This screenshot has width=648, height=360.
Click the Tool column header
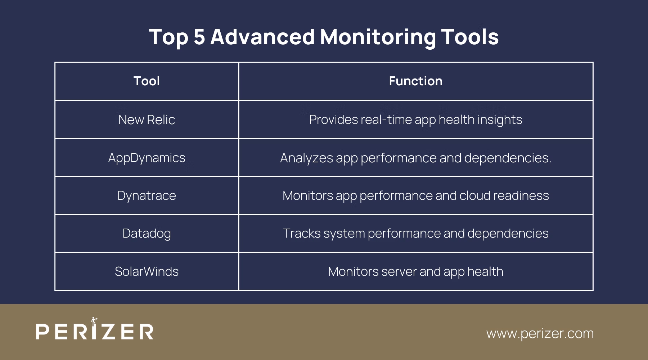[147, 81]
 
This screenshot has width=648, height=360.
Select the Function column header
[415, 81]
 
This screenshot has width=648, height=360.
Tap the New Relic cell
[147, 120]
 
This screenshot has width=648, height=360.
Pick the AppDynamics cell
[147, 158]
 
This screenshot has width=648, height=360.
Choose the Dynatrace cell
[147, 195]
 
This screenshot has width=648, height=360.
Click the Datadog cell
[147, 233]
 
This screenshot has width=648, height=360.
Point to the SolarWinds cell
[147, 271]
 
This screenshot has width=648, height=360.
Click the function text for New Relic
[415, 120]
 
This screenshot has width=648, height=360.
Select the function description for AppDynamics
[415, 158]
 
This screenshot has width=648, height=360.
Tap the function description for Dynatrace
[415, 195]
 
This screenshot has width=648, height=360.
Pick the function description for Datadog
[415, 233]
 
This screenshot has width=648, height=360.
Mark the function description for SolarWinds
[415, 271]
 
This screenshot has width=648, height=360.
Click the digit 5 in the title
[199, 37]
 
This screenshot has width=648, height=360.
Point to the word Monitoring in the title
[378, 37]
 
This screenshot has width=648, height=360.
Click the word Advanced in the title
[262, 37]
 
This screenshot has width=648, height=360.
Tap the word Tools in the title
[470, 37]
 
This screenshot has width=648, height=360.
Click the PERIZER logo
[95, 330]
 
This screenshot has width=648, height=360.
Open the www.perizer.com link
[540, 333]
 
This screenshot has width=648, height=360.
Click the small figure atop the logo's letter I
[94, 320]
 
